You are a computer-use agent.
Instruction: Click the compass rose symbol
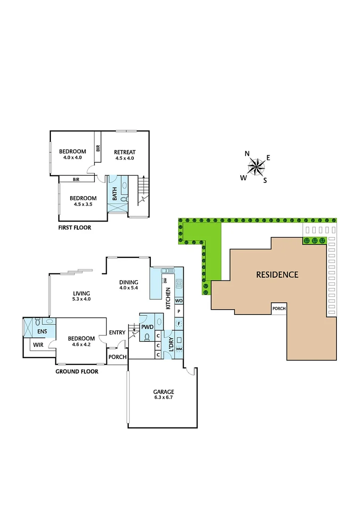[256, 166]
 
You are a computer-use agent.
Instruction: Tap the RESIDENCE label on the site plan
[277, 274]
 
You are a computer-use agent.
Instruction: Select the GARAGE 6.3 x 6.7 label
[164, 394]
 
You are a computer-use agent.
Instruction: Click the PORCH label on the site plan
[279, 309]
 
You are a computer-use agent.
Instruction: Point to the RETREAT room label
[125, 155]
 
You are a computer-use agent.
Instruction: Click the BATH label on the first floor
[115, 194]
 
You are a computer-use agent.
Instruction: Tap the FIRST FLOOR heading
[74, 228]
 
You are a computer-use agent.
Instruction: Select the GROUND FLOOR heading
[77, 371]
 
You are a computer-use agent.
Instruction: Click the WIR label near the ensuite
[38, 345]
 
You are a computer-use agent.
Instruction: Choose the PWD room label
[147, 326]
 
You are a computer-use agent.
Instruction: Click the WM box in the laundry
[179, 349]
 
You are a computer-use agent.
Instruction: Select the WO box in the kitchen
[179, 300]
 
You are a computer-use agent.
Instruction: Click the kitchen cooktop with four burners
[179, 284]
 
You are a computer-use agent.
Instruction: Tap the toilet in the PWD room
[147, 337]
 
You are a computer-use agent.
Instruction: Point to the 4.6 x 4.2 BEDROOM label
[81, 341]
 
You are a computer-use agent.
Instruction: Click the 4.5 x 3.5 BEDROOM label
[83, 201]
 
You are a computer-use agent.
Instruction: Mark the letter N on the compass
[247, 153]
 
